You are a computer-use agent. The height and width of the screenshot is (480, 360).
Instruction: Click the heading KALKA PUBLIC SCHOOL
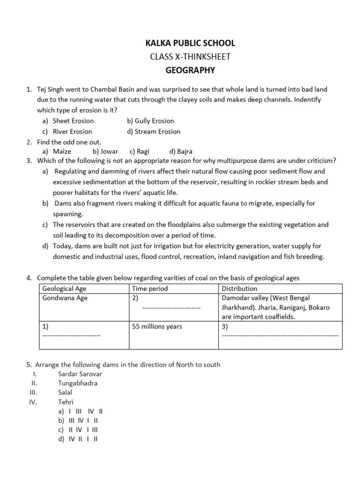click(x=190, y=44)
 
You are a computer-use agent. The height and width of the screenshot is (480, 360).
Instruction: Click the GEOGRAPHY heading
click(x=190, y=70)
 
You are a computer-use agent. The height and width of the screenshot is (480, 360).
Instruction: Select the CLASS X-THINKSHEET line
click(x=190, y=57)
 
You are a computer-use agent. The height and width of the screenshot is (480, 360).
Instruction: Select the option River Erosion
click(x=72, y=132)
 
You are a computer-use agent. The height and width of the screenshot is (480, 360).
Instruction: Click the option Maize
click(x=62, y=151)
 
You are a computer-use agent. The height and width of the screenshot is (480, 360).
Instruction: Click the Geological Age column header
click(x=64, y=289)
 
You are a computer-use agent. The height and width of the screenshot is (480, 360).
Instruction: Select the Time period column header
click(x=150, y=289)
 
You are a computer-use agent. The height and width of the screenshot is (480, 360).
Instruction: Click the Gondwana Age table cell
click(x=65, y=298)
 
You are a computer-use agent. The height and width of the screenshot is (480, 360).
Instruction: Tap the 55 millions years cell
click(x=157, y=326)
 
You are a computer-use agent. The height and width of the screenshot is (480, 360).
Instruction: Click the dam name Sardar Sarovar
click(x=80, y=374)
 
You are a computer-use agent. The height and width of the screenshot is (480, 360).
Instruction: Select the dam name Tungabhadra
click(x=78, y=383)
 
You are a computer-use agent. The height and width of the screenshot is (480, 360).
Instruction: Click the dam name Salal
click(x=65, y=392)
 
